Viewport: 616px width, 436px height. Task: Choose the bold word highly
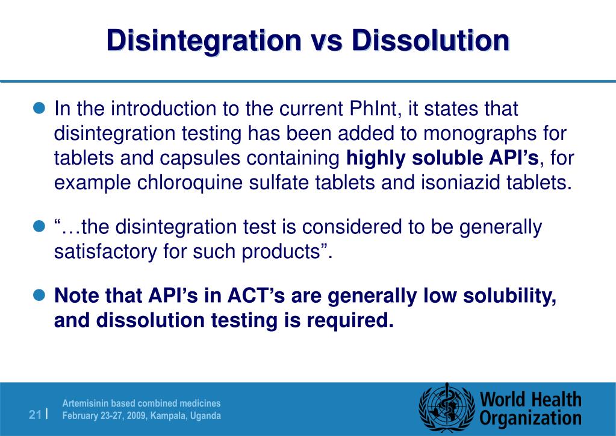pyautogui.click(x=376, y=158)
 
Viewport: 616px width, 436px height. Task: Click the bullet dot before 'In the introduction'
pyautogui.click(x=40, y=109)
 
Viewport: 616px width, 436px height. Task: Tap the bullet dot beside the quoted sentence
pyautogui.click(x=40, y=227)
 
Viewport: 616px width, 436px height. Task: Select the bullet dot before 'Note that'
pyautogui.click(x=40, y=296)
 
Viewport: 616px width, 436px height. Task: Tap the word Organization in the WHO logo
pyautogui.click(x=530, y=419)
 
